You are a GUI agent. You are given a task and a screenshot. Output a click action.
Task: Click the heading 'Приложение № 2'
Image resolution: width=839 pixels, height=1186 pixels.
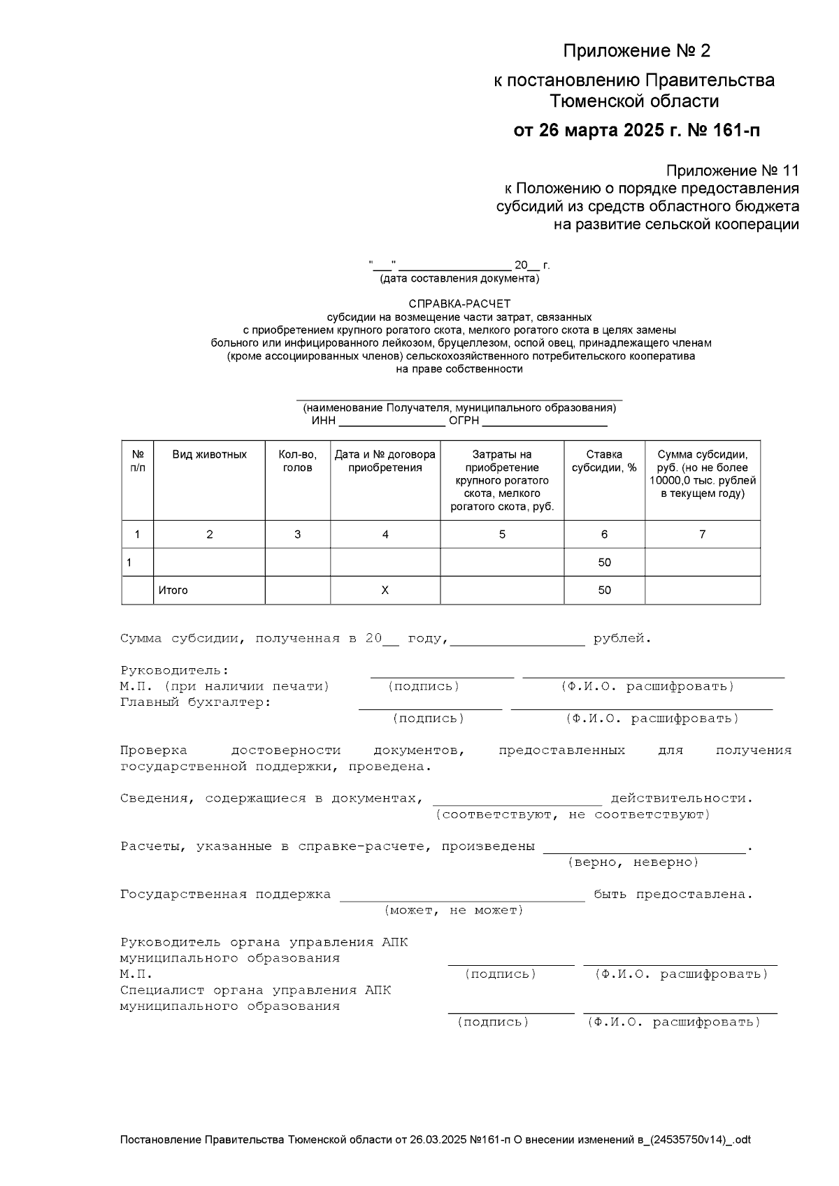click(636, 51)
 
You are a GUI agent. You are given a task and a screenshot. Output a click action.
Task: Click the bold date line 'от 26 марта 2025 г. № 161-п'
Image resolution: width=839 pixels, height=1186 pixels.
click(636, 131)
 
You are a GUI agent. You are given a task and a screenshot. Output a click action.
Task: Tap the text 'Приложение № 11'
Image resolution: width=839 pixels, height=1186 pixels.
click(731, 171)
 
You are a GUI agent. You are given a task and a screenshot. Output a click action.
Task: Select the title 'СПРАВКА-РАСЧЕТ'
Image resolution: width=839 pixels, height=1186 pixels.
click(459, 304)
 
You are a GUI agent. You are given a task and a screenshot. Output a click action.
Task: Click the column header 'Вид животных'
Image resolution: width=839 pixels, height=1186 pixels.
click(209, 455)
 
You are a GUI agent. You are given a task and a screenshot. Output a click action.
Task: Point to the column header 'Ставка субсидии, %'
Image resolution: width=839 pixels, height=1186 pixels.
click(604, 461)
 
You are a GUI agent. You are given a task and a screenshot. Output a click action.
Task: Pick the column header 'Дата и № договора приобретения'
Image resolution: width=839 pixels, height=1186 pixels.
click(385, 461)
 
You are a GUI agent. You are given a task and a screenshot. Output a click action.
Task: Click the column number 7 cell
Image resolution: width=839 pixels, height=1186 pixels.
click(702, 535)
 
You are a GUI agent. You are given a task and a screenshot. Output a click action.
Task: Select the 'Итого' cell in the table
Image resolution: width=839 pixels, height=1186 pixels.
click(173, 591)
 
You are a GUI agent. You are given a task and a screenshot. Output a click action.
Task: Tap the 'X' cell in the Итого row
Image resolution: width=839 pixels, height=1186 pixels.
click(385, 591)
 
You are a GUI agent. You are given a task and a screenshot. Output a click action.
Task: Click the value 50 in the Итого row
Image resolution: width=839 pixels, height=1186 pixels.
click(604, 591)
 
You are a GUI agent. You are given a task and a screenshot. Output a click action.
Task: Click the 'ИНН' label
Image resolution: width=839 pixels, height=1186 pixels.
click(324, 421)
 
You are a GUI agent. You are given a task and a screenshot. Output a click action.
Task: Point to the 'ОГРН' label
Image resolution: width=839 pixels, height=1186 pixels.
click(464, 421)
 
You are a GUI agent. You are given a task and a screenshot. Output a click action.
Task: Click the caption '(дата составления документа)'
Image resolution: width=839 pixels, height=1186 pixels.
click(459, 279)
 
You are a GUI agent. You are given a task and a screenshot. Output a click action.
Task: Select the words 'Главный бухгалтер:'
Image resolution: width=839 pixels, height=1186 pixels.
click(196, 702)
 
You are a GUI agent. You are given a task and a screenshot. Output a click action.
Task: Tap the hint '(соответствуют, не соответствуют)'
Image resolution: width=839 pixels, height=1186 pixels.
click(573, 815)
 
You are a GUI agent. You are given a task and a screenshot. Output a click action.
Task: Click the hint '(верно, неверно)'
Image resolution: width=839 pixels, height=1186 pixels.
click(633, 862)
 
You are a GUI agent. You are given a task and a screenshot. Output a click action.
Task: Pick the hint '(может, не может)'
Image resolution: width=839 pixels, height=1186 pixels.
click(454, 911)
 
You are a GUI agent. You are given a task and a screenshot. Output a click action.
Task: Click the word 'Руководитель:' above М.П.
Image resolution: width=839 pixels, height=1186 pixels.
click(174, 671)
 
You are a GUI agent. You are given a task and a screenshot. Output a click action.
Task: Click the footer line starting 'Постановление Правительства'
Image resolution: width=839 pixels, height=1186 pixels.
click(435, 1140)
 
